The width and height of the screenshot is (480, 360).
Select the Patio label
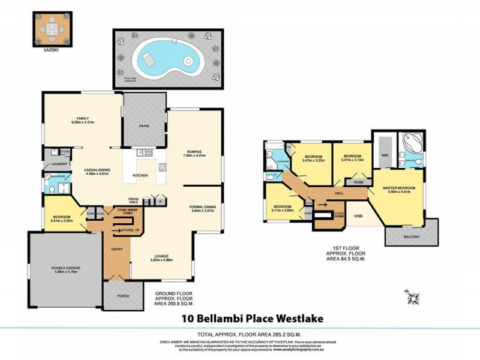point(145,126)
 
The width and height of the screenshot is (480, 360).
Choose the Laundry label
point(58,163)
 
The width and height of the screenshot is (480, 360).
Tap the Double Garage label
point(67,268)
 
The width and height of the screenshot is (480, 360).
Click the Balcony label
point(411,236)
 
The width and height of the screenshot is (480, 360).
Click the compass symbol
point(413,296)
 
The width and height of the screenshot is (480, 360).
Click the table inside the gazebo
point(50,28)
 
